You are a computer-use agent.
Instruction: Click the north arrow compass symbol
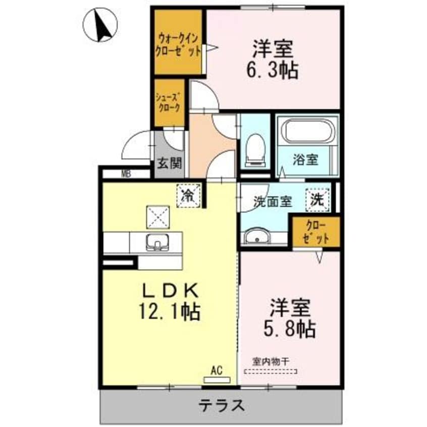[100, 25]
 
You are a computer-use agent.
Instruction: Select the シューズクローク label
[170, 103]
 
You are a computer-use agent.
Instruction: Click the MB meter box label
[126, 175]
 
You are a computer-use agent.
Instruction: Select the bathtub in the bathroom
[307, 130]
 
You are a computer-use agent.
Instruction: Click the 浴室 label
[306, 160]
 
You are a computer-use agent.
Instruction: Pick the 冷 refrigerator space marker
[188, 195]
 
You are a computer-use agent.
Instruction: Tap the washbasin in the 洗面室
[258, 236]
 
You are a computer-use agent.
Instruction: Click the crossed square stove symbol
[157, 218]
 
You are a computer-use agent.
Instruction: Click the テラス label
[222, 405]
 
